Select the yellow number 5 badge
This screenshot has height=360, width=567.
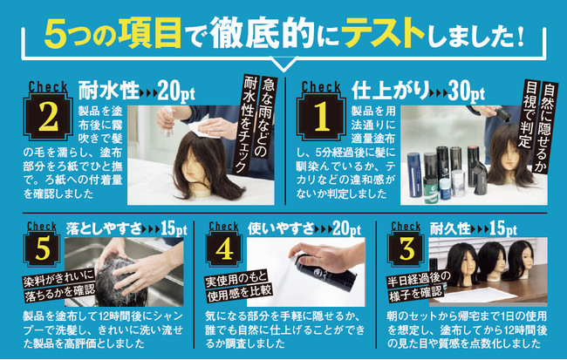42,248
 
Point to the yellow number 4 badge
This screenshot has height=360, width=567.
224,248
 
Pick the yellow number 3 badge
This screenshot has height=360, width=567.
406,248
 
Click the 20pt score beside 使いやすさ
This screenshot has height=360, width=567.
346,228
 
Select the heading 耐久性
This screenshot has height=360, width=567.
451,228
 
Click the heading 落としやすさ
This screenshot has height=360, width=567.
104,228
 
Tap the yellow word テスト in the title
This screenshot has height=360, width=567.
383,34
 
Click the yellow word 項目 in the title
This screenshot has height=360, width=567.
150,34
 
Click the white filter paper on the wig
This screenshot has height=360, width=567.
203,129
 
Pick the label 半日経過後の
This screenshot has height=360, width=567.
419,279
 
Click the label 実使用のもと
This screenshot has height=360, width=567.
236,278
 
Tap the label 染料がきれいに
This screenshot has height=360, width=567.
58,277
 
